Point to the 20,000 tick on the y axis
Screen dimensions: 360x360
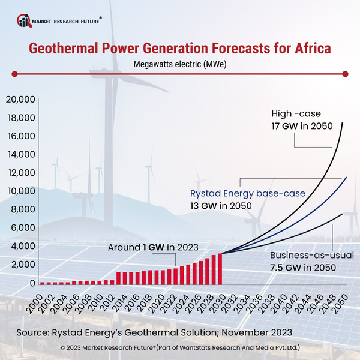click(19, 100)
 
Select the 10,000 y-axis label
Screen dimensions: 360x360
click(19, 191)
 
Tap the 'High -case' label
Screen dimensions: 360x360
click(296, 114)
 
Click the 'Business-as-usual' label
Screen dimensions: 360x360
click(310, 255)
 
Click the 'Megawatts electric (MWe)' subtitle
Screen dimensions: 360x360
click(179, 62)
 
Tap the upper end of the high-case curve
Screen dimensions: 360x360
click(343, 123)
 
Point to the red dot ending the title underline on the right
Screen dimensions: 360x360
click(345, 74)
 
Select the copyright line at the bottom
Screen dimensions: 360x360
click(180, 347)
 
